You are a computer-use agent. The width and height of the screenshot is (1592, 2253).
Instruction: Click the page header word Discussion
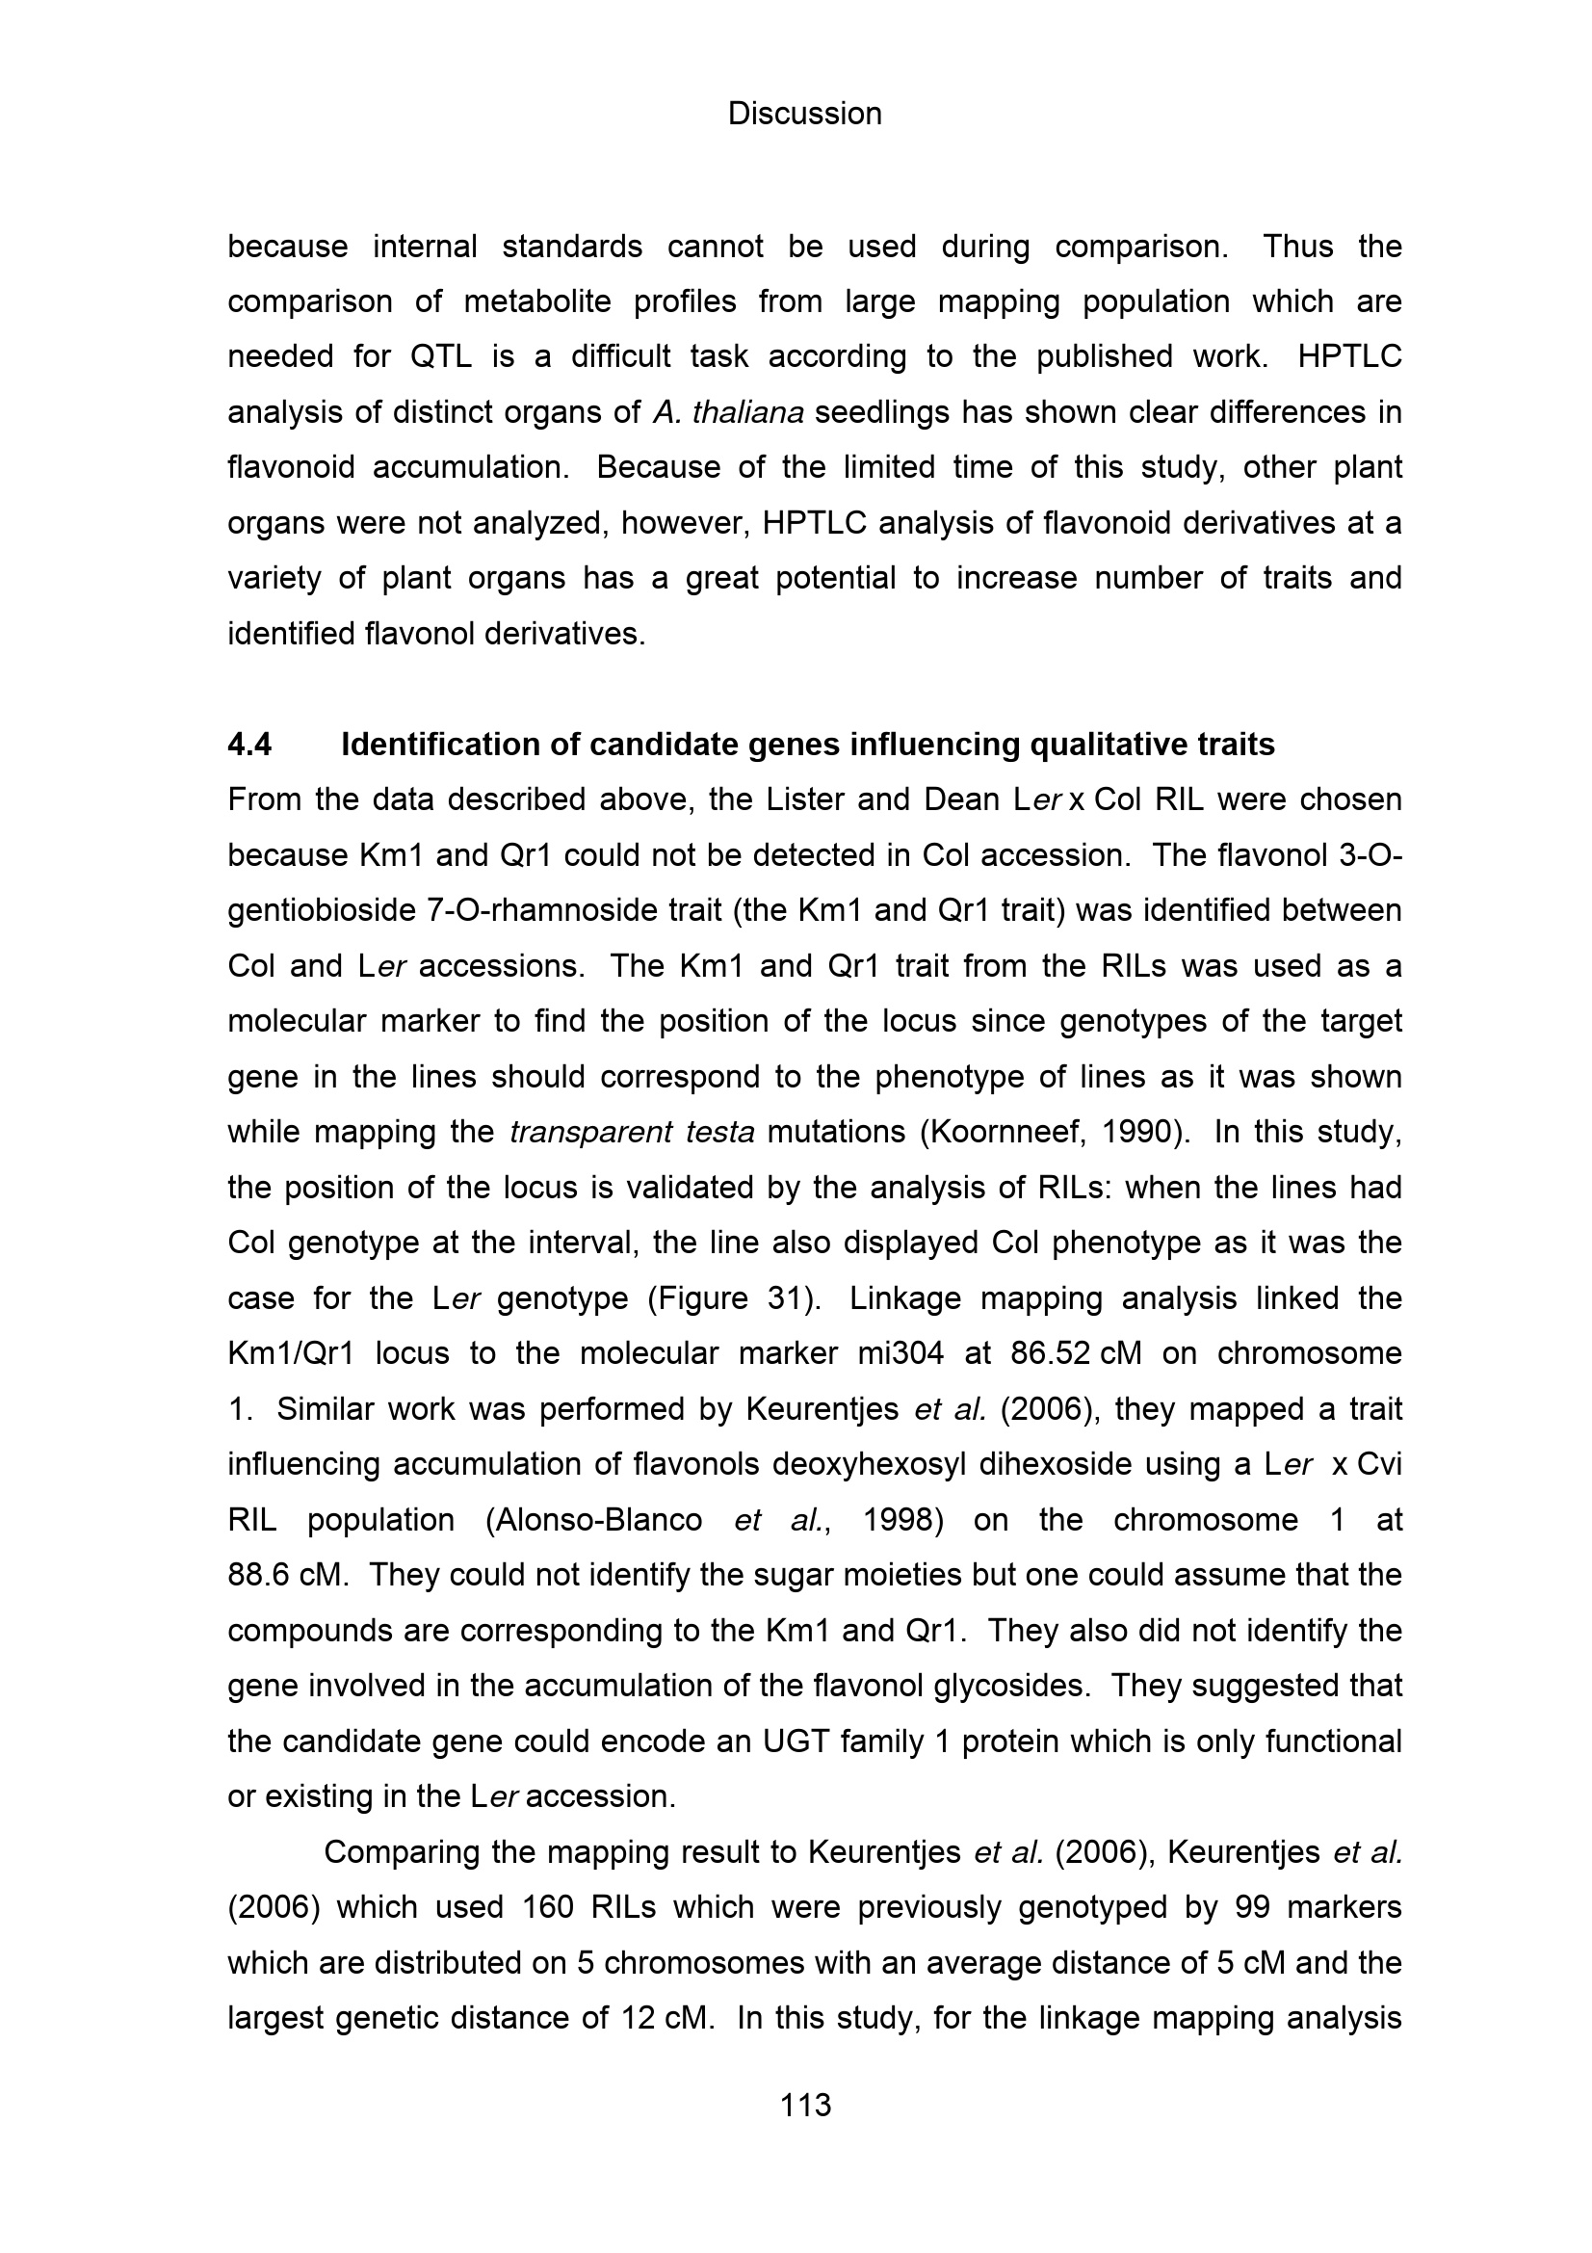(804, 114)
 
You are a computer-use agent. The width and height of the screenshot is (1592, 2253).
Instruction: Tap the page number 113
(804, 2105)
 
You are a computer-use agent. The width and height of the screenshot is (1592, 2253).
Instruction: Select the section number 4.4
(249, 745)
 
